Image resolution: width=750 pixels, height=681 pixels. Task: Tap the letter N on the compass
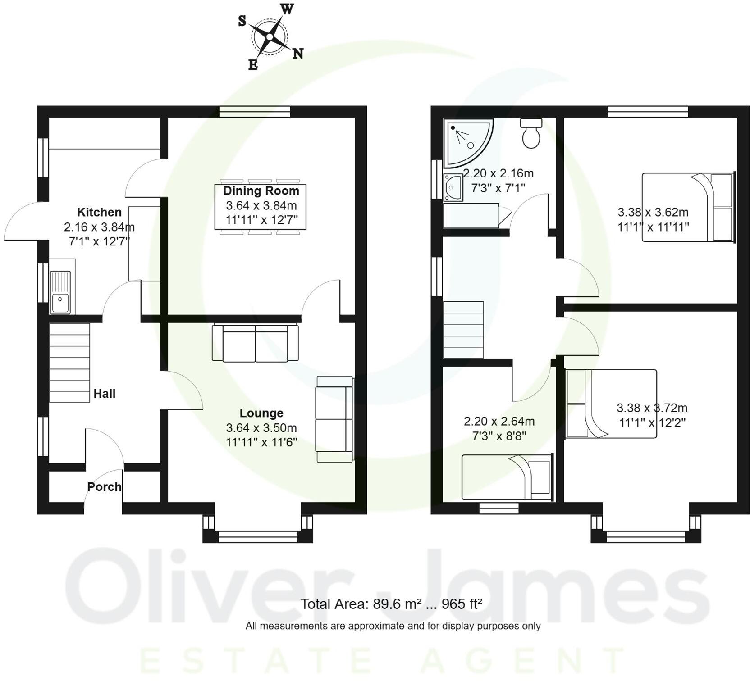(297, 54)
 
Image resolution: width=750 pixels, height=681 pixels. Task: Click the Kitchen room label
(99, 212)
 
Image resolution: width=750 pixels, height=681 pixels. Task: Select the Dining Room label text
(261, 191)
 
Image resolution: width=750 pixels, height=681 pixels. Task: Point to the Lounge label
(261, 413)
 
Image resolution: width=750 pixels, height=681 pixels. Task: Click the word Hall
(105, 394)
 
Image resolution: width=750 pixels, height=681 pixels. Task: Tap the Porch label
(104, 487)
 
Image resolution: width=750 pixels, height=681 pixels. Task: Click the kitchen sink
(60, 292)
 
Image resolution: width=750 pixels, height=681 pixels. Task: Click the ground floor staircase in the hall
(69, 363)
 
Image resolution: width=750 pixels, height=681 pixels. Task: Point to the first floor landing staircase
(463, 330)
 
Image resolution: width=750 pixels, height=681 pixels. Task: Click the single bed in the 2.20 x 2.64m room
(507, 477)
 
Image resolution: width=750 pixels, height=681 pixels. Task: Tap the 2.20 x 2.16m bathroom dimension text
(498, 173)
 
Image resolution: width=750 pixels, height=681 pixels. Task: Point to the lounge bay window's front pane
(258, 536)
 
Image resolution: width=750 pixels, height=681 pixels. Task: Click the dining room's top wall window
(255, 111)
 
